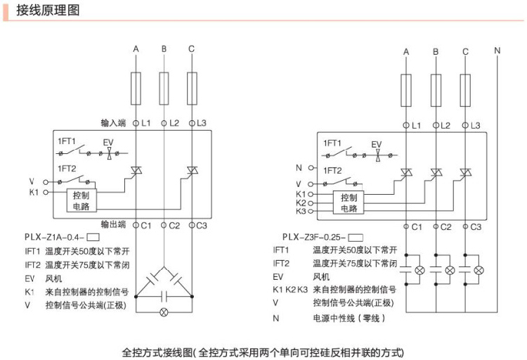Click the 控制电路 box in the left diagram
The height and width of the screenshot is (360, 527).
coord(82,200)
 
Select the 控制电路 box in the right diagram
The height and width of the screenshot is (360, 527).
coord(349,202)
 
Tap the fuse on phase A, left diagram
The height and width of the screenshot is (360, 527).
coord(136,87)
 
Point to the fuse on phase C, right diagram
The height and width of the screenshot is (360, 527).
coord(465,92)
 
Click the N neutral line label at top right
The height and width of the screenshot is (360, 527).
coord(497,51)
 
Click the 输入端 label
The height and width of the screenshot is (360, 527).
coord(112,123)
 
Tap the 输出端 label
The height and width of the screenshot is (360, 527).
coord(112,225)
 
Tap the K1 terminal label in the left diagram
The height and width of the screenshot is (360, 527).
coord(34,191)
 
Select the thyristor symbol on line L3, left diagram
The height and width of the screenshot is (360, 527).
coord(191,170)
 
